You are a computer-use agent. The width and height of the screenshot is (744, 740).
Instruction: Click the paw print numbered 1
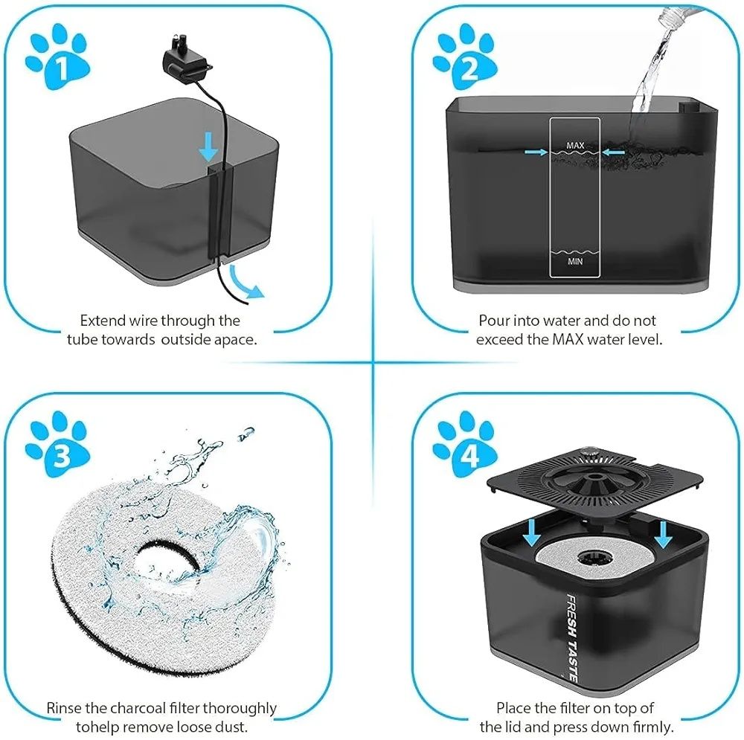[58, 58]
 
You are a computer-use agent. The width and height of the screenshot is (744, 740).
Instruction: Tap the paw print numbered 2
[466, 58]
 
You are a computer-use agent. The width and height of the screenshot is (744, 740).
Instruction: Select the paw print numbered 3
[58, 445]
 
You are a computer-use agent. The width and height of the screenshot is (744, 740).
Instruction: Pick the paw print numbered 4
[466, 445]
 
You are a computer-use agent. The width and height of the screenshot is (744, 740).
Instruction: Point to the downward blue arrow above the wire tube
[208, 147]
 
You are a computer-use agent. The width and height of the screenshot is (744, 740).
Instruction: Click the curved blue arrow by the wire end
[246, 282]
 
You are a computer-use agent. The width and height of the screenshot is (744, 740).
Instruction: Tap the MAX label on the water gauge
[575, 145]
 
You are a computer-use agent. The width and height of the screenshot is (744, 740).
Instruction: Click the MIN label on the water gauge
[575, 261]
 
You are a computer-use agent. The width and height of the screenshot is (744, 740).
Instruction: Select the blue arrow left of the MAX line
[536, 152]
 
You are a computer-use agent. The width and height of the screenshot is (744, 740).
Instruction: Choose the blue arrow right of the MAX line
[614, 152]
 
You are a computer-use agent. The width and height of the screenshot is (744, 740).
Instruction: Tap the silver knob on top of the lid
[589, 454]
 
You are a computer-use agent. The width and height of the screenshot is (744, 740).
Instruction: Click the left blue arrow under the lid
[531, 532]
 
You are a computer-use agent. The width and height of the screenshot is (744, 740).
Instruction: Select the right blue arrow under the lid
[663, 535]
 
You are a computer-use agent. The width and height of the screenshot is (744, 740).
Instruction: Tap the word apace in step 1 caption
[234, 341]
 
